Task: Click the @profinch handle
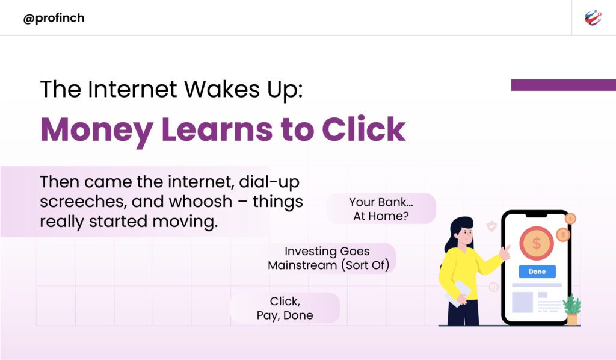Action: point(54,19)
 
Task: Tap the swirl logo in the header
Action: point(593,18)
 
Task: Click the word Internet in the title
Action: point(132,89)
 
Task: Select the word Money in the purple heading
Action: point(97,130)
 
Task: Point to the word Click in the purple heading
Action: point(364,129)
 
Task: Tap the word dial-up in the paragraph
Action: point(269,182)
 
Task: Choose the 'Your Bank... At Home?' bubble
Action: point(381,209)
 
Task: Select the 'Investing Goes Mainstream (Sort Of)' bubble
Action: point(329,258)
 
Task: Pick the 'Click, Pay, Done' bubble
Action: point(285,308)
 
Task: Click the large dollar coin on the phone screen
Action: point(536,244)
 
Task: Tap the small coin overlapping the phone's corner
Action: point(570,218)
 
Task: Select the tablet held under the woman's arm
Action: point(458,293)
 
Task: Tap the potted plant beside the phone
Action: point(572,309)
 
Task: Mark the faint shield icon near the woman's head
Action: point(491,226)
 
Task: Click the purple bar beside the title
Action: point(563,85)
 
